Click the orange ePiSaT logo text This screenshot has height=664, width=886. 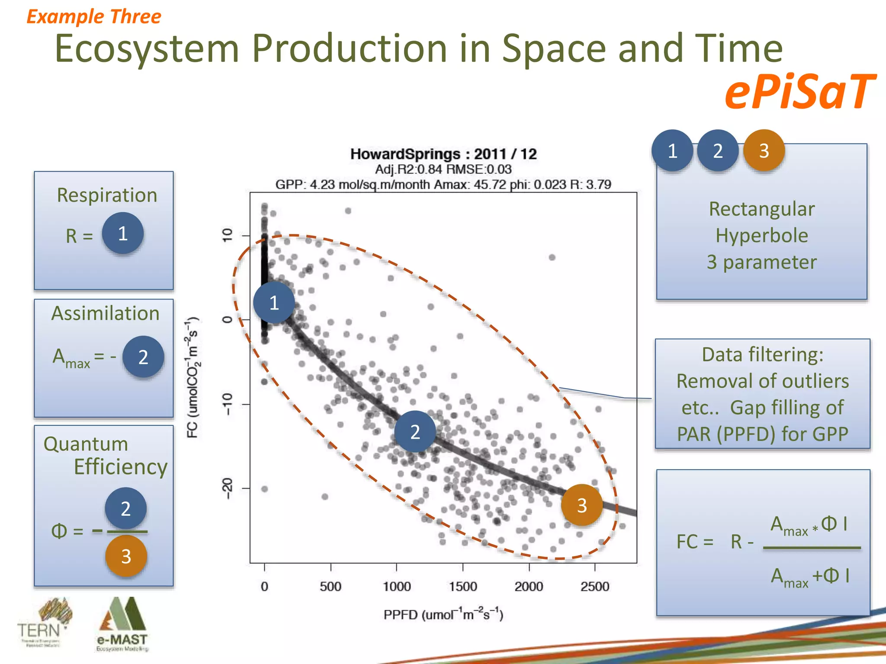click(799, 92)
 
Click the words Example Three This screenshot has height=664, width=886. click(94, 17)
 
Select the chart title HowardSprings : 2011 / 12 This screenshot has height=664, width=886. click(443, 154)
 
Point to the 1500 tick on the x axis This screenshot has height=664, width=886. click(462, 586)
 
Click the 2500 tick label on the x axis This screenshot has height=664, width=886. click(594, 586)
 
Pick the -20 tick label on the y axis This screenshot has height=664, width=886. click(228, 488)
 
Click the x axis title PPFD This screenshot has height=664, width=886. click(443, 614)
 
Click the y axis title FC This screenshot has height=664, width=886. click(193, 377)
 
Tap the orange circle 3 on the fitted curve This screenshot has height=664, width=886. click(581, 505)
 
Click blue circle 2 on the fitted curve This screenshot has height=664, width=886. click(415, 431)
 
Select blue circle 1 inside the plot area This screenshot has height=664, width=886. click(274, 303)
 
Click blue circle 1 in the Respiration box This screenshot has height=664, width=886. click(123, 233)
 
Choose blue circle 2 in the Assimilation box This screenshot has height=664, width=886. click(143, 357)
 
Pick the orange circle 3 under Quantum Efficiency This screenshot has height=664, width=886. click(126, 556)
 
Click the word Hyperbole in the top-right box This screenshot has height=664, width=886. click(761, 236)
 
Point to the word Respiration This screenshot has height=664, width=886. click(107, 195)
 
